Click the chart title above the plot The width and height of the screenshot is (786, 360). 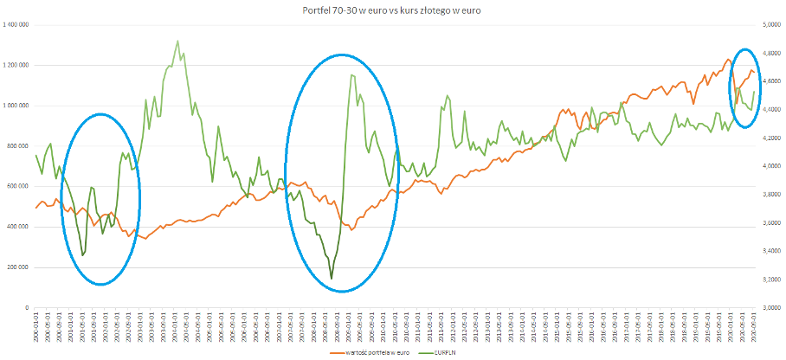tap(391, 10)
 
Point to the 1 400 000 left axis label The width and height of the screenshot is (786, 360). tap(16, 25)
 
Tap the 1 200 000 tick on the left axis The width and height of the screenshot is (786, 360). tap(16, 65)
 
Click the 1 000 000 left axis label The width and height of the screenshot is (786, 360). tap(16, 106)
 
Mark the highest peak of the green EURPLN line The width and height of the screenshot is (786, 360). tap(177, 41)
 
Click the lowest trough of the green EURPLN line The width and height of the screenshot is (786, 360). tap(332, 279)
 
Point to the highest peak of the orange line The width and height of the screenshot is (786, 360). tap(728, 60)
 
